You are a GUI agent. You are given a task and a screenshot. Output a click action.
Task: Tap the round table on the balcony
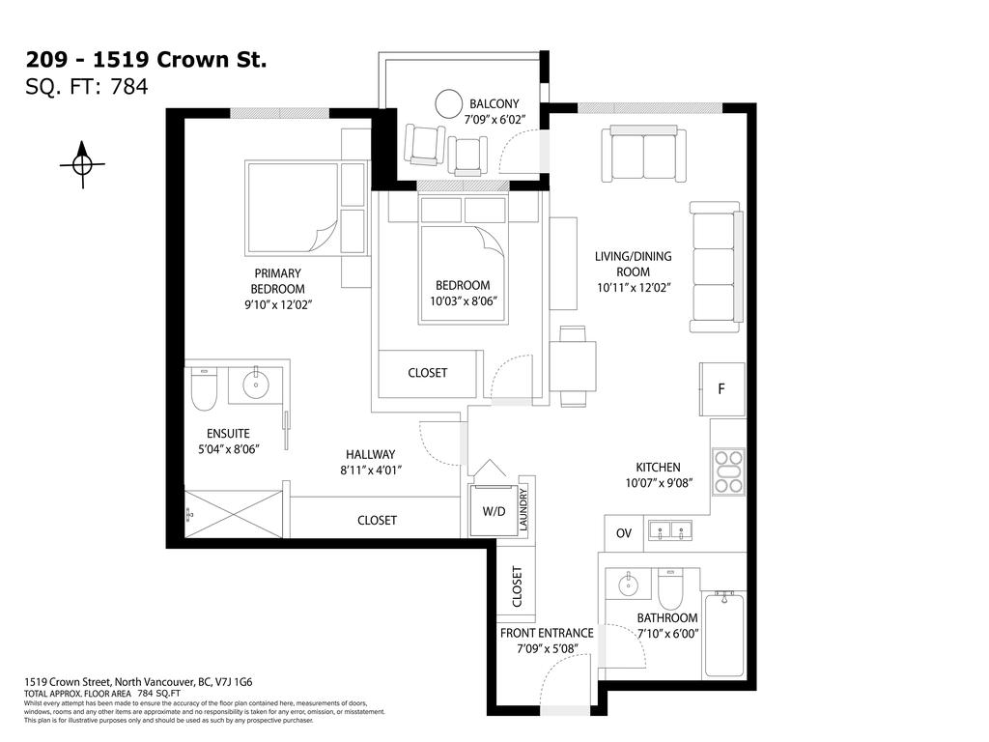(448, 103)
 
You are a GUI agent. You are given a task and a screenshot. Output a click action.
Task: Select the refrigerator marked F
(721, 389)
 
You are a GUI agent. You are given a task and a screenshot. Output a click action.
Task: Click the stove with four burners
(727, 472)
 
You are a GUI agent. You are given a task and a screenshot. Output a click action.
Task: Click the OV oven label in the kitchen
(623, 533)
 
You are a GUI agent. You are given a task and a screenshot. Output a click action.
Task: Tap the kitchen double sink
(669, 530)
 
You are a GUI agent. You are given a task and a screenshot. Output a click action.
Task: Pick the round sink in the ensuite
(256, 385)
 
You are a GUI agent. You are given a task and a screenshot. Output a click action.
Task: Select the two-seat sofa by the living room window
(643, 154)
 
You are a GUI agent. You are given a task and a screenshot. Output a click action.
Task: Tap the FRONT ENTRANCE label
(547, 633)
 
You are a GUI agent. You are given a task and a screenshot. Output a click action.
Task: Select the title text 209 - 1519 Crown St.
(145, 60)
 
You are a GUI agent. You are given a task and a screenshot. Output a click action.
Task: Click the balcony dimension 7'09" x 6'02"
(494, 122)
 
